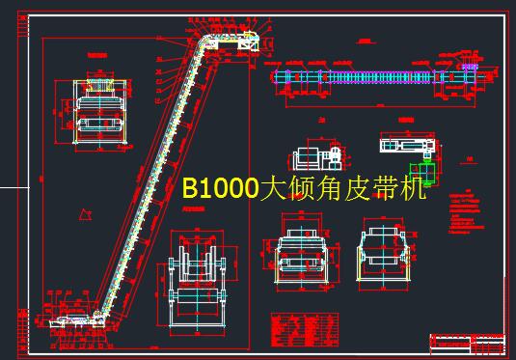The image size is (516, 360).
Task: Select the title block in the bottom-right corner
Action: pyautogui.click(x=468, y=342)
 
